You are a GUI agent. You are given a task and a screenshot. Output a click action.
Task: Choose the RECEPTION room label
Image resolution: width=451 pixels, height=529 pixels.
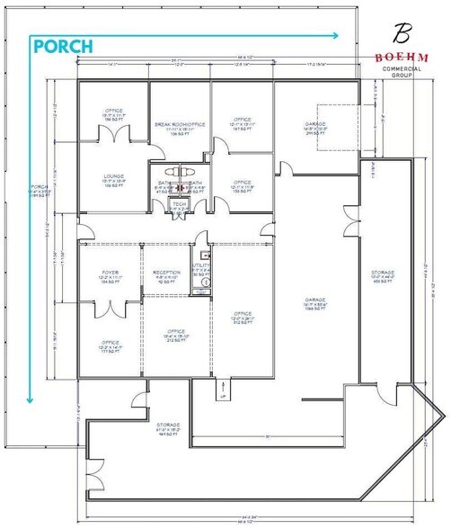coord(167,275)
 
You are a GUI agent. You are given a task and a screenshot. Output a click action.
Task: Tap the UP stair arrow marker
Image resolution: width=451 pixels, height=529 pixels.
coord(222,394)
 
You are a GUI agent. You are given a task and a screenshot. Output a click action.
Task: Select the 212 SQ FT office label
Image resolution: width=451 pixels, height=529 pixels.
coord(175,336)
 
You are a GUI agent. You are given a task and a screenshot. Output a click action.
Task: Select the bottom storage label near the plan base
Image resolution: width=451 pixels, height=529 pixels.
coord(169,428)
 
